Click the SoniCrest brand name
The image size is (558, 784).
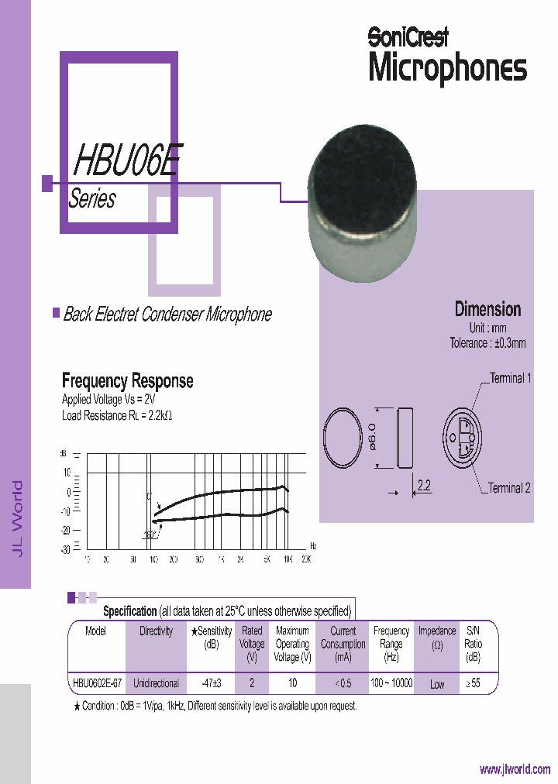[x=408, y=36]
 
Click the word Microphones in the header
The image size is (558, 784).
[x=447, y=68]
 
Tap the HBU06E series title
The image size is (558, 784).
[x=127, y=162]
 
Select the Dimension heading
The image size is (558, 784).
[x=487, y=309]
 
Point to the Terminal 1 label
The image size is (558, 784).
[x=509, y=379]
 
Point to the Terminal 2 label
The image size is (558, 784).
[x=509, y=488]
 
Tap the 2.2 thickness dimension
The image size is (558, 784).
[x=425, y=487]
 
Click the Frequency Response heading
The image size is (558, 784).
[x=127, y=380]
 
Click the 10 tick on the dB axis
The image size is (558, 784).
[x=67, y=472]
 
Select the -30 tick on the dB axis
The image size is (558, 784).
[x=65, y=549]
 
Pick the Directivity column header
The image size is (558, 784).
[x=156, y=631]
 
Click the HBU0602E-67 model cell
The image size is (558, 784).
[x=97, y=683]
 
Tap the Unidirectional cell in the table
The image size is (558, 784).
[x=156, y=683]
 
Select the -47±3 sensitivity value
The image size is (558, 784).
[x=212, y=683]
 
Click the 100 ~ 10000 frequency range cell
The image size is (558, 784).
[x=391, y=683]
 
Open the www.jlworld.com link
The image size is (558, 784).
[x=515, y=769]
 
